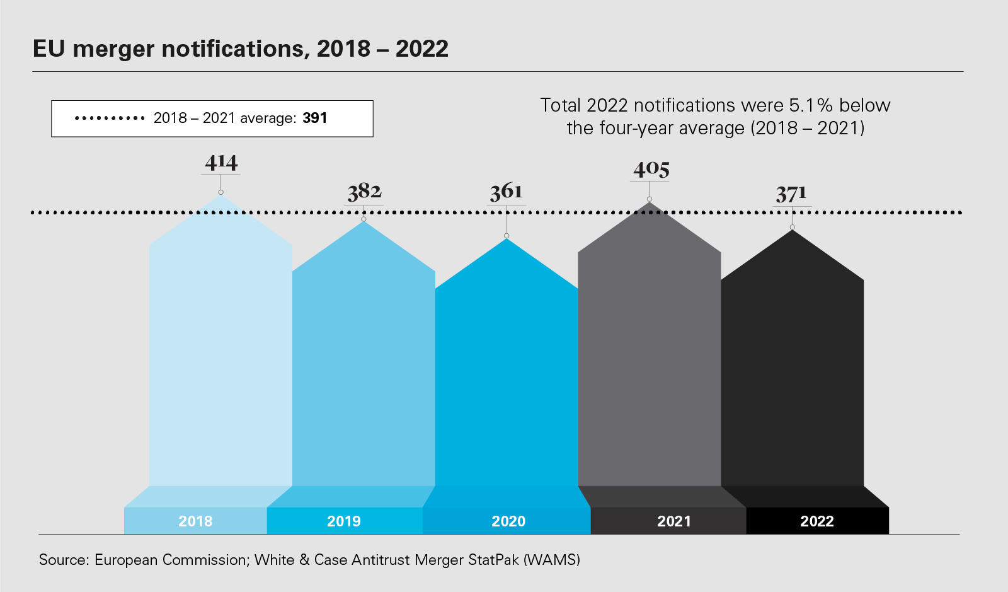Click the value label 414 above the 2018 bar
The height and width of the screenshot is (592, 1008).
(221, 163)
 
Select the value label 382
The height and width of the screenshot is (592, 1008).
(364, 192)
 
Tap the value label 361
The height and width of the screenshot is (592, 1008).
(507, 192)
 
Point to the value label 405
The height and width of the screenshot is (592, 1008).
(651, 169)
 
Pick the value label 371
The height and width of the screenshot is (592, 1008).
(791, 194)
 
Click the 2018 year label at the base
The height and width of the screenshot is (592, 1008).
(195, 521)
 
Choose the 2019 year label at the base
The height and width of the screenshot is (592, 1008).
(344, 521)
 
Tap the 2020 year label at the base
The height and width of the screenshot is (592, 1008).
(508, 521)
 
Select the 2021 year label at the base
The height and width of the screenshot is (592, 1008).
(674, 521)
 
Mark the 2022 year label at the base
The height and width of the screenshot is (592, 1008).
(817, 521)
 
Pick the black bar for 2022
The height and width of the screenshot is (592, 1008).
(792, 378)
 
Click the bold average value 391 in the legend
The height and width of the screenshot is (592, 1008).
(315, 118)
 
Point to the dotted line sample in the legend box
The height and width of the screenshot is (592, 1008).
(110, 118)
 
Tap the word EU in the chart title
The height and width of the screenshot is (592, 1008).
(49, 49)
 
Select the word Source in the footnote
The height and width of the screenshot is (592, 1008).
(62, 560)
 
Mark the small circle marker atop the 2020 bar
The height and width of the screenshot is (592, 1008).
(507, 236)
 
